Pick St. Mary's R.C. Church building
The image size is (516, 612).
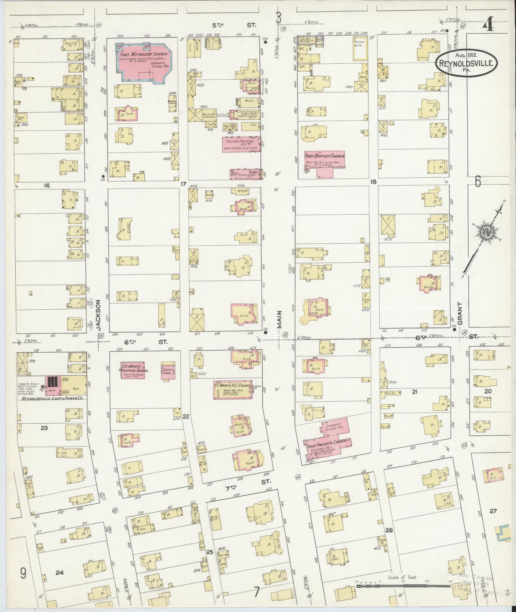tap(233, 390)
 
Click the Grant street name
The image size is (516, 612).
tap(459, 314)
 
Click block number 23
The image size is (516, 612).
tap(44, 427)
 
